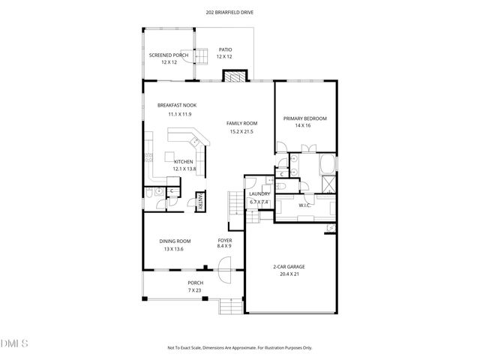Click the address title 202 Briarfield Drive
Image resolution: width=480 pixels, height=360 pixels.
[240, 13]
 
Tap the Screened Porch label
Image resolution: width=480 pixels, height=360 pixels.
[168, 55]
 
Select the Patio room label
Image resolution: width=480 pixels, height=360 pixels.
[225, 50]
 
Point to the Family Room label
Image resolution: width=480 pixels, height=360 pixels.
[241, 123]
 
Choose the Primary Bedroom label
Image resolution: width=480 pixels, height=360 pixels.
[304, 118]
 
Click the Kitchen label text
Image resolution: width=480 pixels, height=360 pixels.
[184, 162]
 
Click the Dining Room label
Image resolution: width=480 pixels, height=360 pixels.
[174, 241]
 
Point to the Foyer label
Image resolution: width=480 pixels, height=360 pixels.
[224, 240]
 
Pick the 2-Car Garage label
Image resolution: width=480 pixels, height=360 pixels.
[288, 266]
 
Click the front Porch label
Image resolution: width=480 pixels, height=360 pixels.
[195, 283]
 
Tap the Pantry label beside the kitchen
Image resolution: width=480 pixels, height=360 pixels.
[200, 201]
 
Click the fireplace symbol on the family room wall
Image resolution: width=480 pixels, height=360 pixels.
[235, 76]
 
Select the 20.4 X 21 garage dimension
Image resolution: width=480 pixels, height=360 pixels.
[288, 274]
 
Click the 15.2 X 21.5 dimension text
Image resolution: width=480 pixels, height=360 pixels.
[241, 131]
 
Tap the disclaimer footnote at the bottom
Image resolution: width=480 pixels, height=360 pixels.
[240, 347]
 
